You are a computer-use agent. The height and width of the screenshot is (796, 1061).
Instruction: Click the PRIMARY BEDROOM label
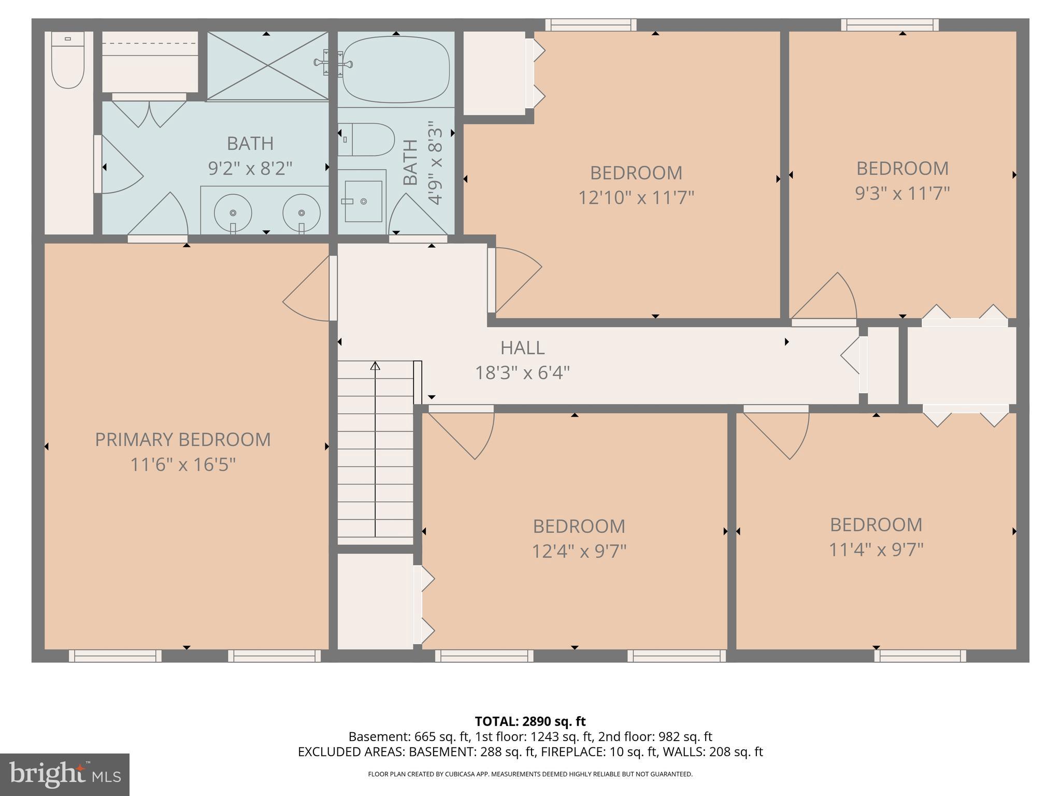(x=182, y=439)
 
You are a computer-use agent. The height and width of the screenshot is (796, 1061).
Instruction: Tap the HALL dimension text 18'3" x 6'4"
(x=522, y=373)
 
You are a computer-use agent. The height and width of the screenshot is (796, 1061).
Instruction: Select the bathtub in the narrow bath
(x=396, y=69)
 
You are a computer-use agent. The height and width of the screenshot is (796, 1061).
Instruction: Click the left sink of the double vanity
(x=233, y=213)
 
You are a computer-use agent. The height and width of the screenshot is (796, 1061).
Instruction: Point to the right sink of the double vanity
(x=302, y=213)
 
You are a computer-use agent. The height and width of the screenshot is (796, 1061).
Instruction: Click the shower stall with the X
(x=267, y=65)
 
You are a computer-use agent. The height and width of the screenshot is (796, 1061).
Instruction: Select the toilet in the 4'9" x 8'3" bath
(x=367, y=139)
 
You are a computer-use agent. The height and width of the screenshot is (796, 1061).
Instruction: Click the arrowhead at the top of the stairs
(x=375, y=366)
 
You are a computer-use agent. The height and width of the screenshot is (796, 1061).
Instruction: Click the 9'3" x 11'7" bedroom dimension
(x=902, y=193)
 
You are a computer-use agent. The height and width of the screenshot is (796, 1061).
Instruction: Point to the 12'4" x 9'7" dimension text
(x=579, y=551)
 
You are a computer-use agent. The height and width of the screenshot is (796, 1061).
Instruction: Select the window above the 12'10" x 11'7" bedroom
(x=591, y=24)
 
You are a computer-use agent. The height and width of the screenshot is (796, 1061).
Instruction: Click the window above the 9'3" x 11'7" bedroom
(x=890, y=24)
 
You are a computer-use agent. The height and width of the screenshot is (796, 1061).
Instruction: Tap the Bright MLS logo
(x=65, y=774)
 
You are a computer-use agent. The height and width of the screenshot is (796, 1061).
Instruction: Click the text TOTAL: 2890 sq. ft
(x=530, y=721)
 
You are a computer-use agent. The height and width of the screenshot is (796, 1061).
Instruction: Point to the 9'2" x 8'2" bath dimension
(x=250, y=168)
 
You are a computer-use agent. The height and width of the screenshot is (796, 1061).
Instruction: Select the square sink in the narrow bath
(x=363, y=201)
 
